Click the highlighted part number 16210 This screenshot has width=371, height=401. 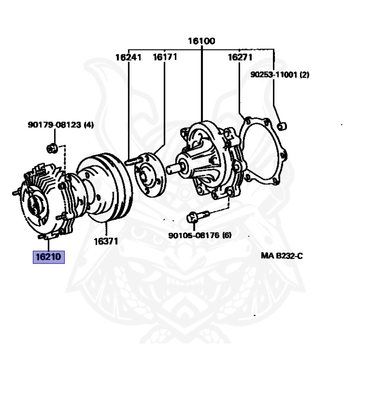49,257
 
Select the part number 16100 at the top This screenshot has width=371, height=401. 201,41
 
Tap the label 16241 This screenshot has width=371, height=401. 128,57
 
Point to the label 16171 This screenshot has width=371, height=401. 165,56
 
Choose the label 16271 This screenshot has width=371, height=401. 240,57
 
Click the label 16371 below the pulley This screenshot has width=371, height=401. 106,241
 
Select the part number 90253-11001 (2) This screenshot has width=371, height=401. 279,75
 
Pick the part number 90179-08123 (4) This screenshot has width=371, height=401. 61,125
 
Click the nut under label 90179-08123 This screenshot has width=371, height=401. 52,148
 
